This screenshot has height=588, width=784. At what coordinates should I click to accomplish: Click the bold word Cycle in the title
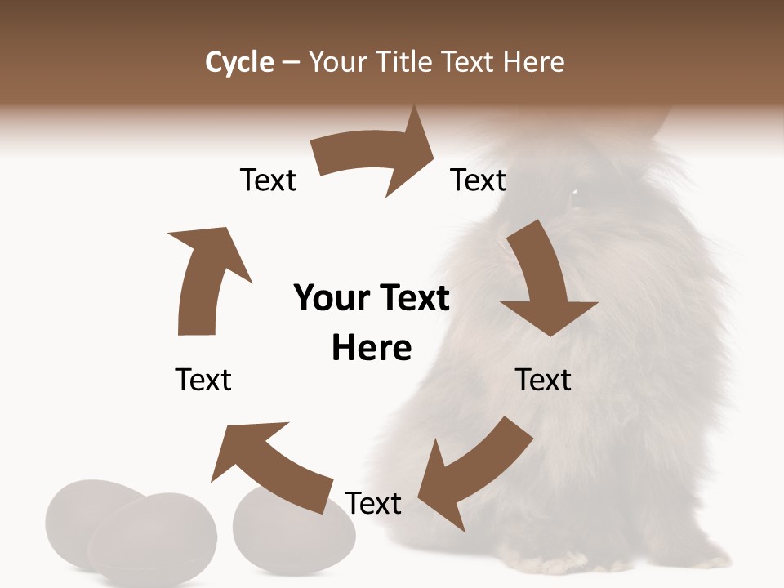tap(239, 62)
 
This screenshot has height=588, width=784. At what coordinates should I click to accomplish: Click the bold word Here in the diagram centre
tap(372, 348)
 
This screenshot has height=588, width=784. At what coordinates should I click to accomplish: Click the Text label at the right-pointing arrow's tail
tap(268, 180)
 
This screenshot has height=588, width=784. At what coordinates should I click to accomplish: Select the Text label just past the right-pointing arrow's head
tap(479, 180)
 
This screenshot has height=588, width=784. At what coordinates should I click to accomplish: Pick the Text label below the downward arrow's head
tap(543, 380)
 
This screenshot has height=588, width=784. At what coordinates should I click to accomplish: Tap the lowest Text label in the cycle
tap(373, 504)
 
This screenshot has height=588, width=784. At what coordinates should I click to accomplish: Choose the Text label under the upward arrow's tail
tap(203, 380)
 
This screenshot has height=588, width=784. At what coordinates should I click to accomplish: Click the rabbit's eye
tap(574, 192)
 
